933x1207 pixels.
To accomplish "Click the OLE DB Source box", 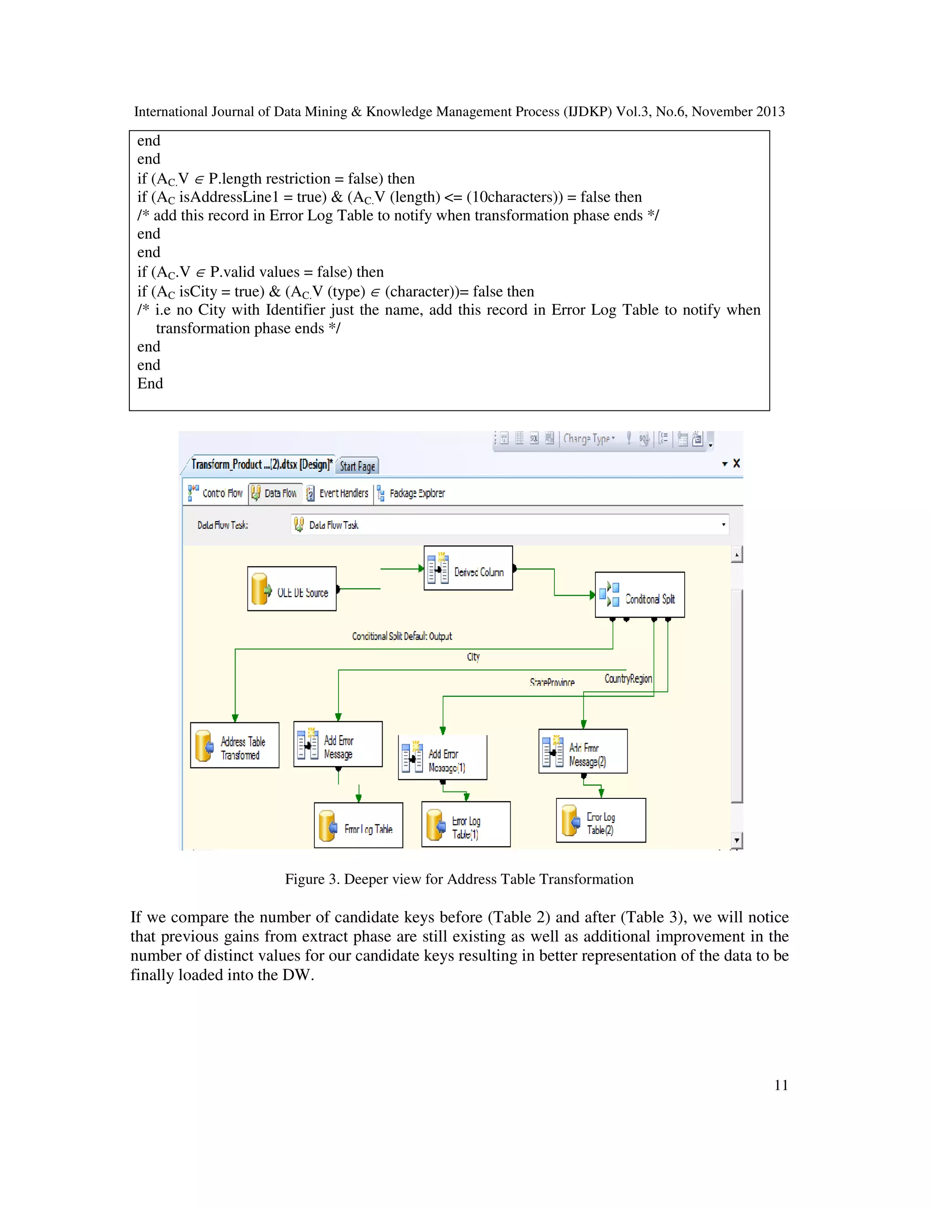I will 292,588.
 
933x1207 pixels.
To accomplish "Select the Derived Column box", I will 468,568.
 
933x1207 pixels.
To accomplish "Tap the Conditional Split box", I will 640,595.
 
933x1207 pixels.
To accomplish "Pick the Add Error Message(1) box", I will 442,758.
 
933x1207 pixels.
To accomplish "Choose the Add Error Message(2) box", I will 583,751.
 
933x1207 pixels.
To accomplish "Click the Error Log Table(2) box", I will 600,820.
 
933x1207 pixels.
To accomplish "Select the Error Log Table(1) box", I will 466,824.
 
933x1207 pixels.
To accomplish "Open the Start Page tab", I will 357,466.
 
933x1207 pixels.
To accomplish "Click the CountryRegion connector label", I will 628,679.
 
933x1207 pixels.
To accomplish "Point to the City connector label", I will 473,656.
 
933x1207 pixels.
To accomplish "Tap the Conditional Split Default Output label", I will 402,636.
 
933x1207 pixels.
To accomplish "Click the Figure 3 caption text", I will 459,879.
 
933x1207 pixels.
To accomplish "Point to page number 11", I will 780,1085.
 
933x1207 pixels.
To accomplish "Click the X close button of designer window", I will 736,463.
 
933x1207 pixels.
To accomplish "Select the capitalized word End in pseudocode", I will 150,384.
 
